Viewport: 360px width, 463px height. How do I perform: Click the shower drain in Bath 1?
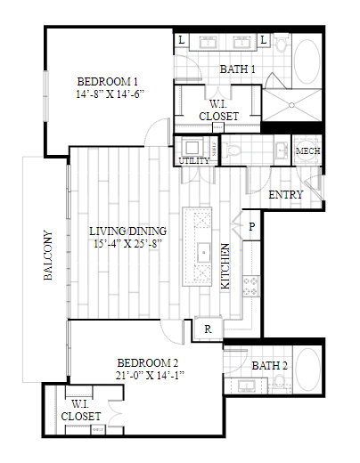pos(290,106)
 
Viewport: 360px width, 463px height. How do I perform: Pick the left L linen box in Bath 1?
pos(182,40)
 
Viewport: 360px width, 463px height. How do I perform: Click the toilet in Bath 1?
pos(234,150)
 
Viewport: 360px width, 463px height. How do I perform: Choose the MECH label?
pos(307,151)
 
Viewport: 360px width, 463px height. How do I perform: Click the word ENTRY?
pos(285,195)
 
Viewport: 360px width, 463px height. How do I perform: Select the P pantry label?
pos(252,226)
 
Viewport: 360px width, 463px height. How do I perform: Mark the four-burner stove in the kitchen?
pos(250,287)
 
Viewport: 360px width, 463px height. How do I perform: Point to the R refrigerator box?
pos(208,329)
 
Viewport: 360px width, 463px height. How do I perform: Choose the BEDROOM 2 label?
pos(149,362)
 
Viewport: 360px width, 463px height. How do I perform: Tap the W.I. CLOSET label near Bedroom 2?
pos(79,409)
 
